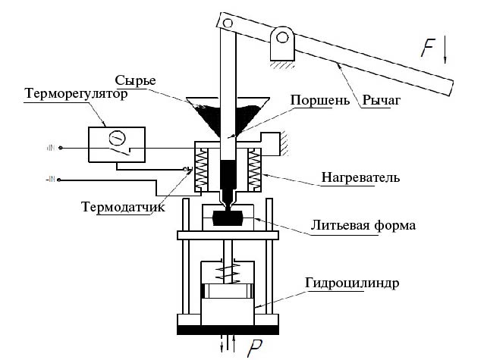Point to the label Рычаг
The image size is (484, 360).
pos(380,99)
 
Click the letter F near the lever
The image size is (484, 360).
pos(429,49)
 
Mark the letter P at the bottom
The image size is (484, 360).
pos(256,348)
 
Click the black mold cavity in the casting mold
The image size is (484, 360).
pos(228,218)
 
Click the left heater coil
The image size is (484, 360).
pos(203,171)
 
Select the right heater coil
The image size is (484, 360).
pos(254,171)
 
